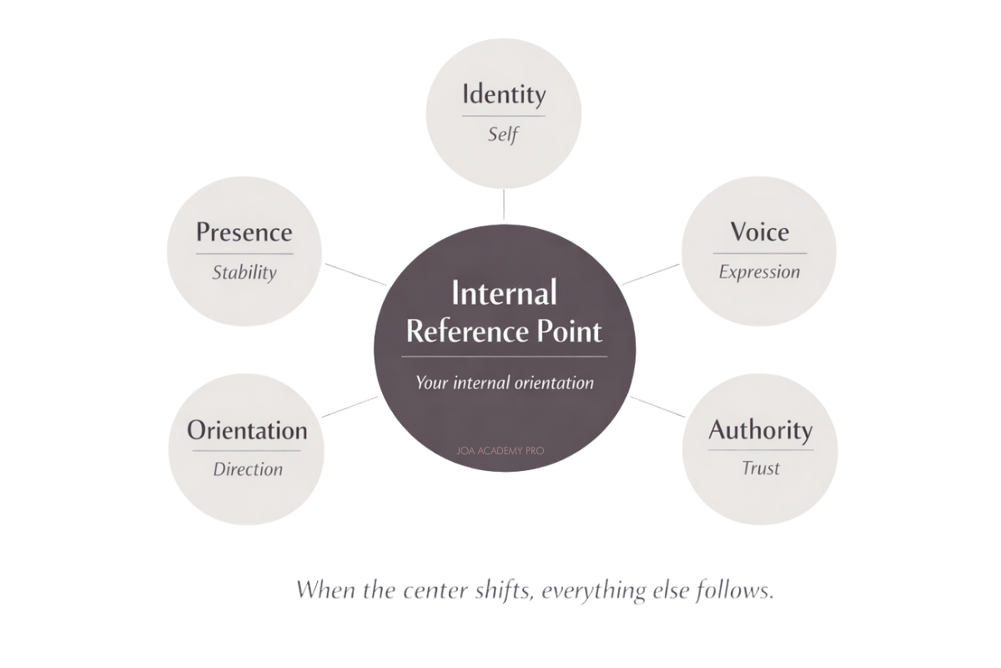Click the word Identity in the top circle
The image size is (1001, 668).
tap(504, 94)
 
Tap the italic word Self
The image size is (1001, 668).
tap(503, 134)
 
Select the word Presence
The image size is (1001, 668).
tap(244, 232)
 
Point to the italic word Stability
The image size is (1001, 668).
tap(244, 272)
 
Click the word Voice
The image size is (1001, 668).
tap(760, 232)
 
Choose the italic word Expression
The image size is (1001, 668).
tap(759, 272)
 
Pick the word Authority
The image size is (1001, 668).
tap(761, 430)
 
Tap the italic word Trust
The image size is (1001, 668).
tap(761, 468)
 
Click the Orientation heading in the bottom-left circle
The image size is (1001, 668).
tap(247, 430)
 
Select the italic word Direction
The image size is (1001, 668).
tap(248, 469)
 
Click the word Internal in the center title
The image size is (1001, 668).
tap(504, 292)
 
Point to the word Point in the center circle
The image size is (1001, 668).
tap(569, 331)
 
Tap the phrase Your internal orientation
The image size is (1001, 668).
tap(505, 383)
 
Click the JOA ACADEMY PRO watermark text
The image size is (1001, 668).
tap(500, 451)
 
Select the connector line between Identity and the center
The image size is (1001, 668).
tap(504, 205)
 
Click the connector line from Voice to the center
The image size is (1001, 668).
tap(651, 274)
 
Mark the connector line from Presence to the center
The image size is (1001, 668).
tap(355, 274)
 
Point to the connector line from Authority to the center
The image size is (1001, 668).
tap(657, 407)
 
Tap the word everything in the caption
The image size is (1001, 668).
tap(594, 590)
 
